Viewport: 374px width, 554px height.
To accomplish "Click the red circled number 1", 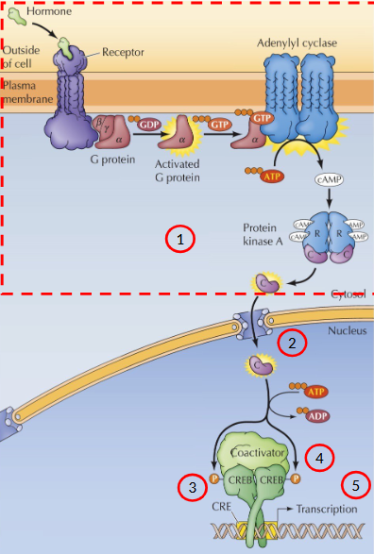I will [180, 239].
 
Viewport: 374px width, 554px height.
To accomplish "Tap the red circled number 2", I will [292, 344].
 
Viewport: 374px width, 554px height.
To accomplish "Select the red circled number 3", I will [193, 487].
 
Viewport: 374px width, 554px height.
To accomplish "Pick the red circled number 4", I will [320, 458].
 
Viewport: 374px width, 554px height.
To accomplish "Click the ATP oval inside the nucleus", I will [315, 389].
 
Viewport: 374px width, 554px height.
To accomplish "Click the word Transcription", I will [327, 509].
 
